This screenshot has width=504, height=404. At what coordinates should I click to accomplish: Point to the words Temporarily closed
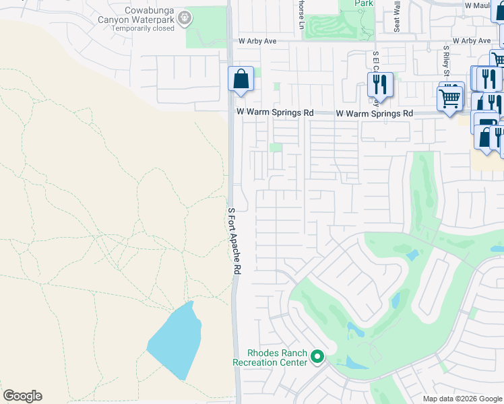[144, 29]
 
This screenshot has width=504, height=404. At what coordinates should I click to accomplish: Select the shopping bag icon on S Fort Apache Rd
[241, 79]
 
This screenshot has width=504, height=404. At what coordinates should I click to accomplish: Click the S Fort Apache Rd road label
[234, 240]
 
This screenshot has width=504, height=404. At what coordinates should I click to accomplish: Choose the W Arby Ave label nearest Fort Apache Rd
[257, 41]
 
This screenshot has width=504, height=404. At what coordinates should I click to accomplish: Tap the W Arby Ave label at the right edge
[476, 41]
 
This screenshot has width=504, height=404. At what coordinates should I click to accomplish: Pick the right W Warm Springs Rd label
[375, 114]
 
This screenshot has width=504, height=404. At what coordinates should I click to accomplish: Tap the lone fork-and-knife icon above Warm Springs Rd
[380, 84]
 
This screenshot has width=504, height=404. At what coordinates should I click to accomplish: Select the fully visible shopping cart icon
[449, 98]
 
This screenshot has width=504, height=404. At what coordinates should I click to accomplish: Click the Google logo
[22, 396]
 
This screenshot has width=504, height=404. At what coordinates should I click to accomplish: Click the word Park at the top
[365, 3]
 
